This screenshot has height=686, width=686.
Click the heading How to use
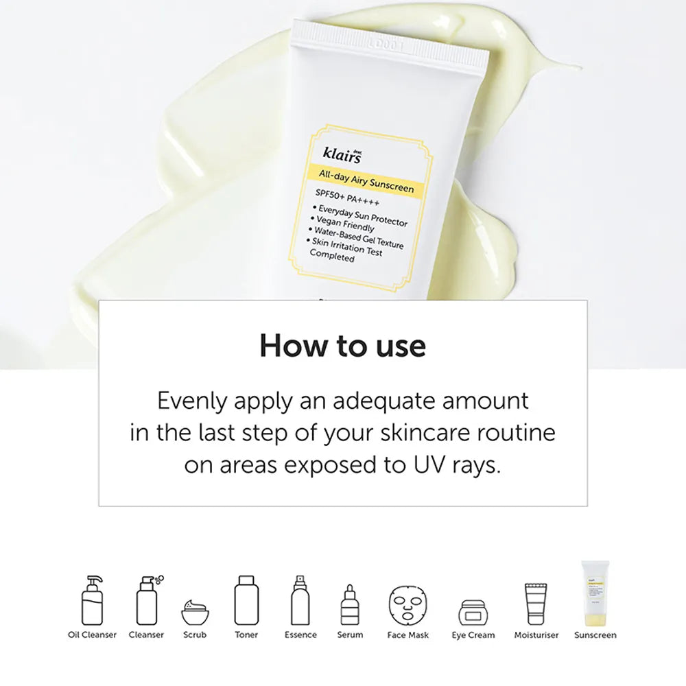342,346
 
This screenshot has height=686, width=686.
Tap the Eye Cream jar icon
473,611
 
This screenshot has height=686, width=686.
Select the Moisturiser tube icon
536,603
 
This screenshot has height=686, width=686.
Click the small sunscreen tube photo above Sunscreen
594,591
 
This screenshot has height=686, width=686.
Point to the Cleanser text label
146,635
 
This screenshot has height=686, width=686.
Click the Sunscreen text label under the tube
595,635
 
